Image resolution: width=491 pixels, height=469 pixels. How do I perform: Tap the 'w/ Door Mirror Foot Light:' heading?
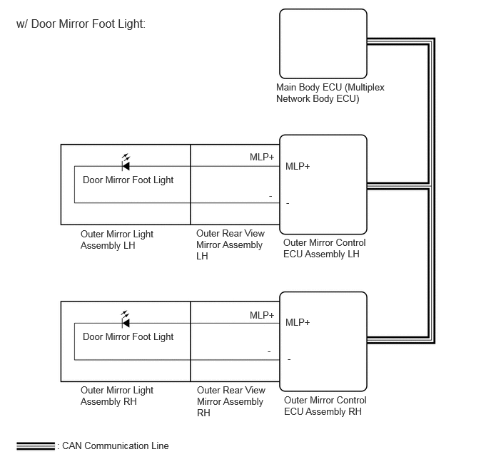pos(81,24)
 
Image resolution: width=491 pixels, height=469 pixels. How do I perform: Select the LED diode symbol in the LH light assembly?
pos(126,163)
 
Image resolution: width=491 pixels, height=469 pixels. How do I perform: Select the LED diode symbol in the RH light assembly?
pos(126,319)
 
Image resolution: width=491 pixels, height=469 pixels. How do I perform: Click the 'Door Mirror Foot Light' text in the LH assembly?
pos(128,180)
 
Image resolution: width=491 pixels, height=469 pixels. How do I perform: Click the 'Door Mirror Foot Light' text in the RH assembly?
pos(128,336)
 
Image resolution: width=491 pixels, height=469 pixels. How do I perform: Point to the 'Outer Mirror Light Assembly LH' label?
pos(117,239)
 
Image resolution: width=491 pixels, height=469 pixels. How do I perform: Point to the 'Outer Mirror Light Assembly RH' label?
pos(117,396)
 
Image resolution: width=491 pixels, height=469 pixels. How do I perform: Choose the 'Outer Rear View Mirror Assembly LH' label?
pos(231,244)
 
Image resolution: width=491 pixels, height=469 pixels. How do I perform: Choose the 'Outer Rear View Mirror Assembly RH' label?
pos(231,401)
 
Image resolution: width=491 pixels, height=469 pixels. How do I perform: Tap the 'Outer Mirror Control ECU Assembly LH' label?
pos(325,248)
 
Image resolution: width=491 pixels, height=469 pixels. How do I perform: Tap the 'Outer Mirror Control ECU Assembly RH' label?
pos(325,406)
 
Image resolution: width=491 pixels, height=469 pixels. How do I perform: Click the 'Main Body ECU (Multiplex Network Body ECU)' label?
pos(330,93)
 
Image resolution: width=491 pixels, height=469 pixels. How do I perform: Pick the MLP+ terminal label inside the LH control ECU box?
pos(298,166)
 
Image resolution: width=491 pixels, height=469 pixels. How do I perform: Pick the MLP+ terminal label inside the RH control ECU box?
pos(298,322)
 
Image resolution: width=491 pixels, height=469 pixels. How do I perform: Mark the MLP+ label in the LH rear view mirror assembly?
pos(262,157)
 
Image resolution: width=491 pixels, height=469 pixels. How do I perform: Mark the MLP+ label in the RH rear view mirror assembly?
pos(262,315)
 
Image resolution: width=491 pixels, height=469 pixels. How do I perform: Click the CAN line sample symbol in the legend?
pos(36,446)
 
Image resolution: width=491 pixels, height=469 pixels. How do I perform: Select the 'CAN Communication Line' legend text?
pos(115,446)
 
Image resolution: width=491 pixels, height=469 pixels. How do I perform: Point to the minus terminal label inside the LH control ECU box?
pos(288,204)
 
